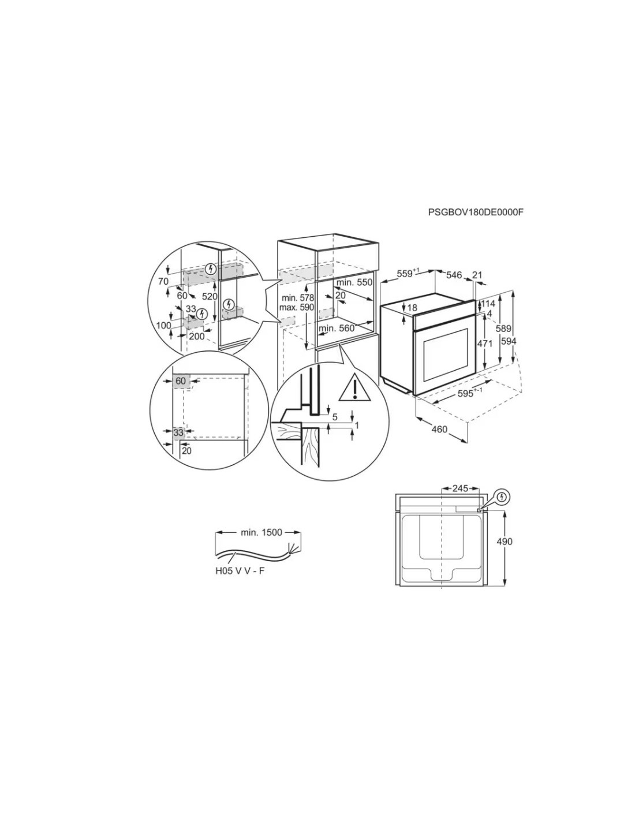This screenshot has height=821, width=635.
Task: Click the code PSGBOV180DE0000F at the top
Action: pyautogui.click(x=476, y=212)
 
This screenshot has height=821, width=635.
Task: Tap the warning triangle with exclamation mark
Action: pyautogui.click(x=354, y=387)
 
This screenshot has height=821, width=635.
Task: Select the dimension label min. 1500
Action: pyautogui.click(x=262, y=532)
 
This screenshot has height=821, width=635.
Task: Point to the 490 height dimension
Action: pyautogui.click(x=505, y=542)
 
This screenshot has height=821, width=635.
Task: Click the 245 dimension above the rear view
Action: pyautogui.click(x=460, y=488)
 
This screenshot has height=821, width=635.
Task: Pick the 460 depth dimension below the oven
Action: pyautogui.click(x=439, y=429)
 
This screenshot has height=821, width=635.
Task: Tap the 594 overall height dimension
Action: pyautogui.click(x=509, y=341)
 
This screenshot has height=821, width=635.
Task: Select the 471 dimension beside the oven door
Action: pyautogui.click(x=485, y=344)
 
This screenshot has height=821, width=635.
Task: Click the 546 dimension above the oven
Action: pyautogui.click(x=454, y=275)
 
